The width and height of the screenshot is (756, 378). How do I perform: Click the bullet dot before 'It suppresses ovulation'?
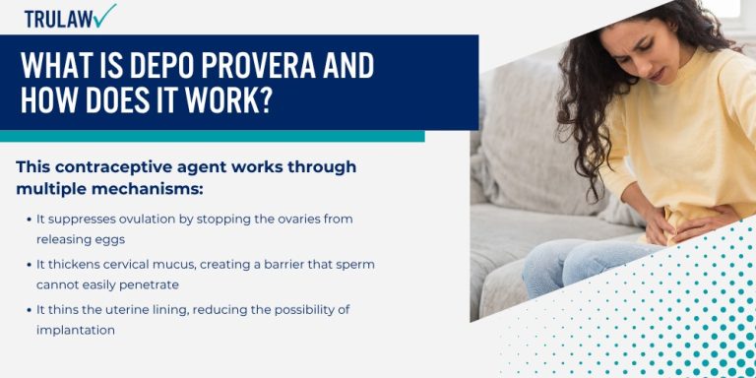pos(28,219)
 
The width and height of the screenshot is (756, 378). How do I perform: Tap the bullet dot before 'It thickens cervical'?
pos(28,265)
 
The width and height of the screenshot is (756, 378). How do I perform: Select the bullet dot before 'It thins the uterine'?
pos(28,310)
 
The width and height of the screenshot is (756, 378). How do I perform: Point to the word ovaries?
pos(291,219)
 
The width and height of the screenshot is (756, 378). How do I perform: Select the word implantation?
pos(76,330)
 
